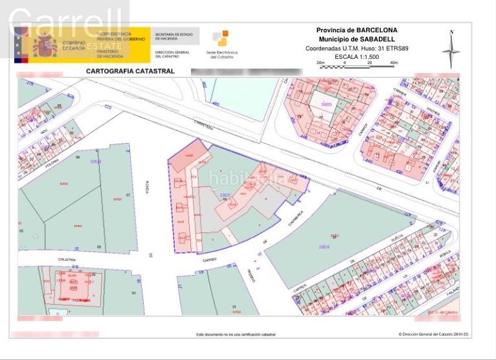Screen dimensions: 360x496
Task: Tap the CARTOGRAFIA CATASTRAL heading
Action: coord(130,71)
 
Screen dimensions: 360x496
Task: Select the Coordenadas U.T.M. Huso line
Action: coord(356,48)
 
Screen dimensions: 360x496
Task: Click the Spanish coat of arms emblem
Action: coord(44,45)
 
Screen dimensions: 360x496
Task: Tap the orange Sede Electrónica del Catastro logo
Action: coord(220,38)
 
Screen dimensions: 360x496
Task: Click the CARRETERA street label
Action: coord(203,124)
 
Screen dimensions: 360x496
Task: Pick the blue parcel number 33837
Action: coord(226,194)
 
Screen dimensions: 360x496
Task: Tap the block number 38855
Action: coord(325,105)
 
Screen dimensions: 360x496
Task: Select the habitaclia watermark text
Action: coord(246,179)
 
